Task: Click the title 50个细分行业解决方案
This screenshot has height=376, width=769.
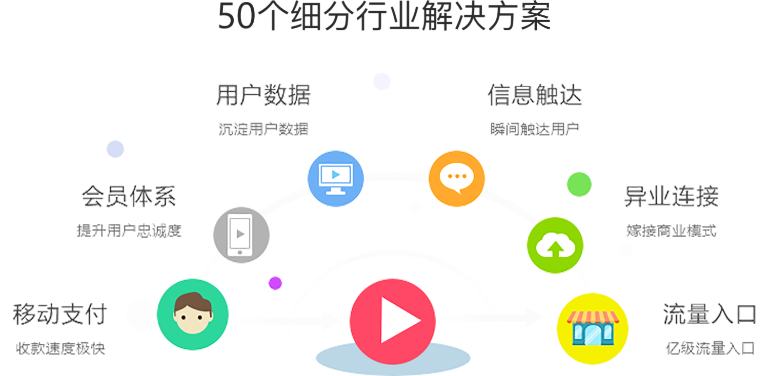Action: click(384, 16)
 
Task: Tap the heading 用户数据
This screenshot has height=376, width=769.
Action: click(263, 95)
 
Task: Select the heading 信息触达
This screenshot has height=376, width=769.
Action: click(535, 95)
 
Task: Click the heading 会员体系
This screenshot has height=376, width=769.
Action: click(129, 197)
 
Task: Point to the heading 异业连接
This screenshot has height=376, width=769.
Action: click(672, 196)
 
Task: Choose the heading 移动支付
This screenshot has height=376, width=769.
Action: click(60, 314)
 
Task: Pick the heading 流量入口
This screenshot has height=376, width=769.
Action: click(710, 314)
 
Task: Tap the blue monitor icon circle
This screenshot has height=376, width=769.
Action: click(335, 178)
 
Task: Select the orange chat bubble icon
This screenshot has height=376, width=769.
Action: click(456, 178)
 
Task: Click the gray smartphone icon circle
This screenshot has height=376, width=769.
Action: click(241, 234)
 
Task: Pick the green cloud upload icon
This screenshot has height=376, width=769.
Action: click(555, 245)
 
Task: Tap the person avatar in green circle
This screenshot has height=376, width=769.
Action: click(193, 314)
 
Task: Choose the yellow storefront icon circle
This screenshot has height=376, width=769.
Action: click(592, 328)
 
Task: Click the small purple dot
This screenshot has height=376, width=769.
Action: click(275, 283)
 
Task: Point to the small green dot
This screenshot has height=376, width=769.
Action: click(579, 184)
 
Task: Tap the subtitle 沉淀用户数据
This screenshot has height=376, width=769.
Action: click(263, 129)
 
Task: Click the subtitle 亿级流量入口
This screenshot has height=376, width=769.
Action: click(710, 349)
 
